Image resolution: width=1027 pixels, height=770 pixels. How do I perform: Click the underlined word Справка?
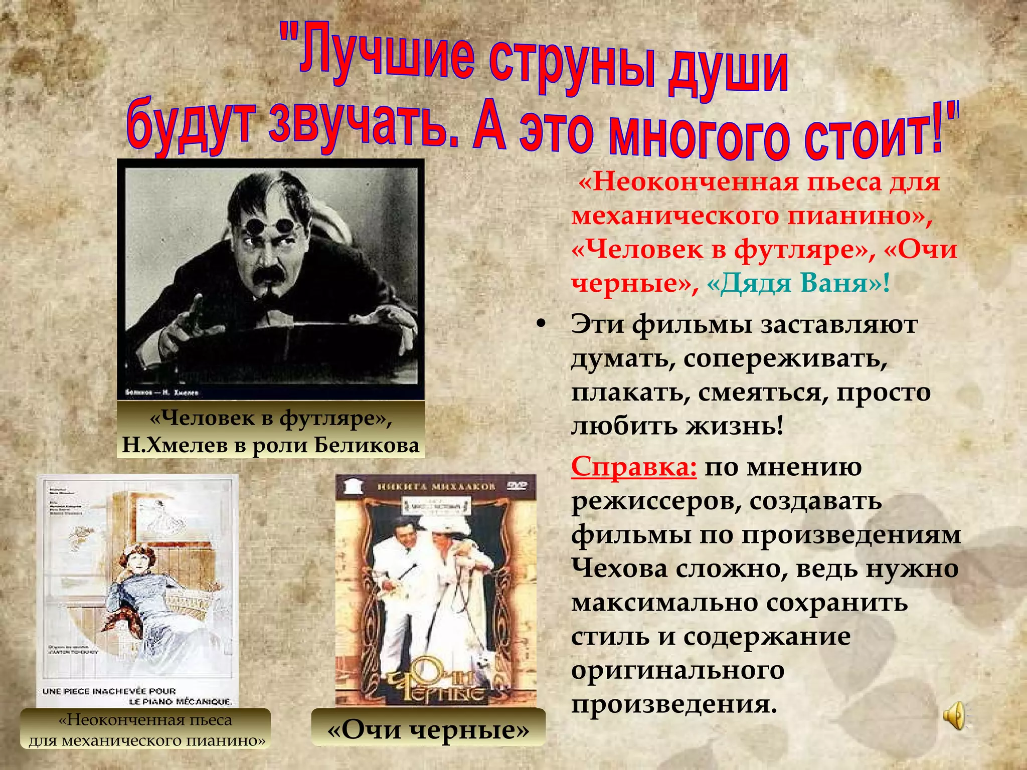[633, 467]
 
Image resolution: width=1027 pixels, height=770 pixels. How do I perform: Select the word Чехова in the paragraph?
[619, 568]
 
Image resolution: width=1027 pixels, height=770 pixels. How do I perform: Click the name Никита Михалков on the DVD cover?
[436, 486]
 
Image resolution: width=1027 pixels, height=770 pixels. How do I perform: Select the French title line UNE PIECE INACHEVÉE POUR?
[109, 691]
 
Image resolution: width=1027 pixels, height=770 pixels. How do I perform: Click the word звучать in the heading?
[357, 125]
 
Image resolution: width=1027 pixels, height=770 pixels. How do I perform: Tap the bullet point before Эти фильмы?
[540, 324]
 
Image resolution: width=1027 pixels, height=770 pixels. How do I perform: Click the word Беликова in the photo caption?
[367, 445]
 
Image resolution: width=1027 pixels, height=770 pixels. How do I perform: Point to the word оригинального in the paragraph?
[677, 670]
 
